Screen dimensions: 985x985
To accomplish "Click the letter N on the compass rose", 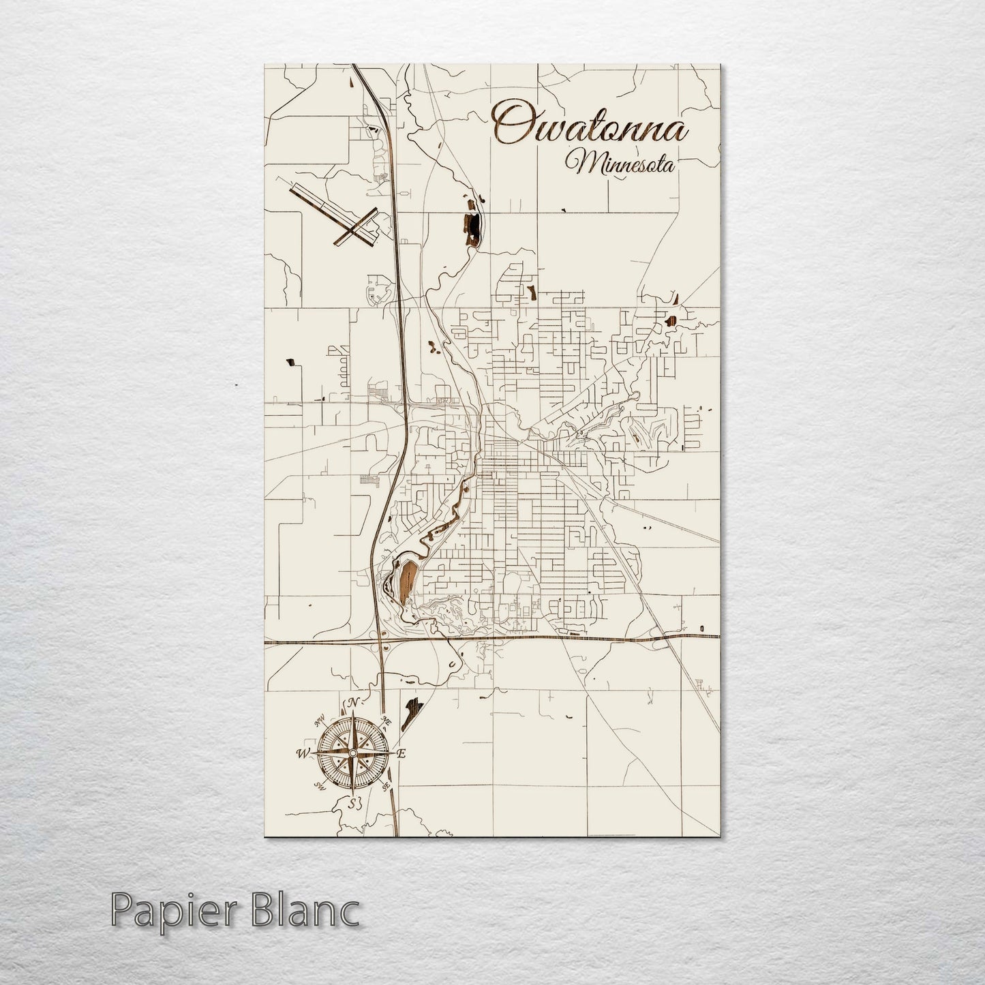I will point(352,703).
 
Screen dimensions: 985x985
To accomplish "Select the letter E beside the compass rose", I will point(401,753).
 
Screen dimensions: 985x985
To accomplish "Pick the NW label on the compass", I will point(318,721).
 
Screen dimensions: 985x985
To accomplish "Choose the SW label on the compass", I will point(318,786).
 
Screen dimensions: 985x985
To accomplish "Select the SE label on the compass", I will point(387,786).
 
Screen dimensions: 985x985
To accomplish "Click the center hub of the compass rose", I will point(352,753).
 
